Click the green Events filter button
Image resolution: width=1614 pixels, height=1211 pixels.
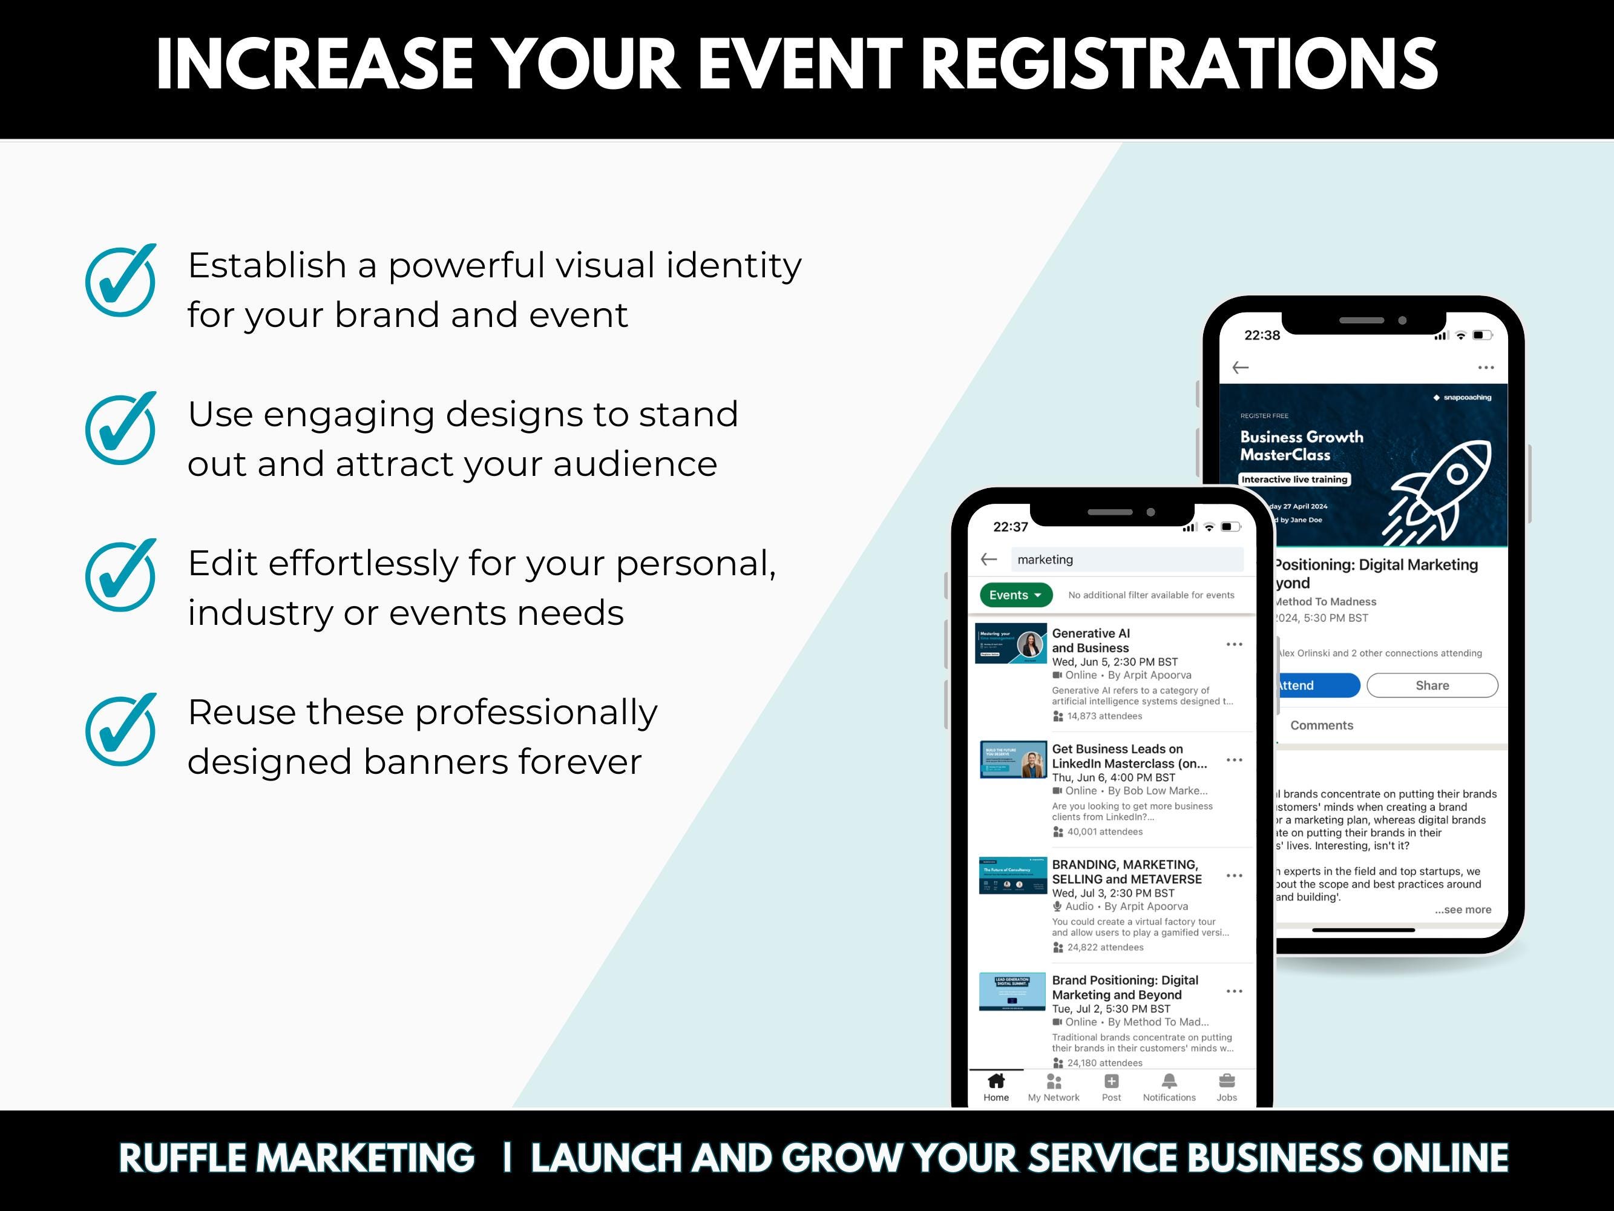1015,595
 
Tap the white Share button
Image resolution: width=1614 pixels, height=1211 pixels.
1432,685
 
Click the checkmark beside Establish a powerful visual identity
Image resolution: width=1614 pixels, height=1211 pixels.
120,281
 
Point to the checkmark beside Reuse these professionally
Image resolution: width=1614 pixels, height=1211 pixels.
120,730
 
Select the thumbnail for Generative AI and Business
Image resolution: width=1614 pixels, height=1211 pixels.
1011,643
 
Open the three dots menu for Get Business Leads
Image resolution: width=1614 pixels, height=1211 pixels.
1234,761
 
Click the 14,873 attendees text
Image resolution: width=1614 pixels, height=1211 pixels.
1104,716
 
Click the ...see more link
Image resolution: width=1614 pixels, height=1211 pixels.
1463,909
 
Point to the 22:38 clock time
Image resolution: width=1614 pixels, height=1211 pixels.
1262,335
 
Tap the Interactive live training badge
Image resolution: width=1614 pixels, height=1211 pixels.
1294,480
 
